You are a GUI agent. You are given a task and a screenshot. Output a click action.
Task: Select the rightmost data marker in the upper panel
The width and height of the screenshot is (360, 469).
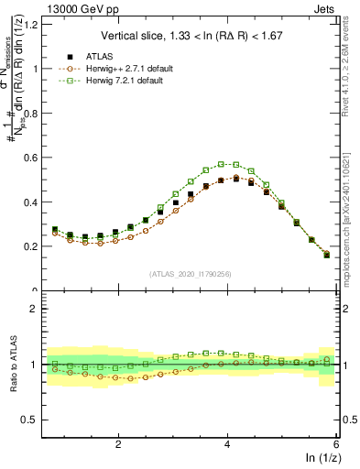327,255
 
